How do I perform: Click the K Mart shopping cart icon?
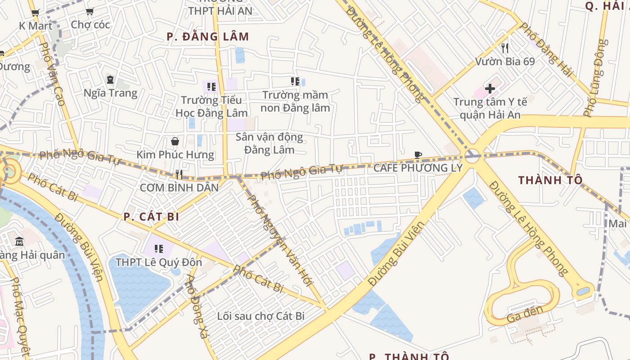[36, 13]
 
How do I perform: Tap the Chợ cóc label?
[90, 25]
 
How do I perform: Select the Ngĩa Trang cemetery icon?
[110, 80]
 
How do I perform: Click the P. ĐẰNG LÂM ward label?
[207, 37]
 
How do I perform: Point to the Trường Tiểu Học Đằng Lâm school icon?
[211, 86]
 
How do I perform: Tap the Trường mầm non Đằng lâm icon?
[295, 81]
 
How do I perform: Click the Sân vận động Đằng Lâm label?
[269, 143]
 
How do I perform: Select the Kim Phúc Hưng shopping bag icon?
[175, 141]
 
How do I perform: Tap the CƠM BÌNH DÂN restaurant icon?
[179, 174]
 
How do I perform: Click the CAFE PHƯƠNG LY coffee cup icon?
[418, 155]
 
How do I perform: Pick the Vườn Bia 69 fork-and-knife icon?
[505, 48]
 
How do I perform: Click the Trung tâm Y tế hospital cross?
[490, 88]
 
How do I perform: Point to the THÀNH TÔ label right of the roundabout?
[550, 180]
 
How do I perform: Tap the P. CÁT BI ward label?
[151, 217]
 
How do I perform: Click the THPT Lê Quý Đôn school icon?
[158, 248]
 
